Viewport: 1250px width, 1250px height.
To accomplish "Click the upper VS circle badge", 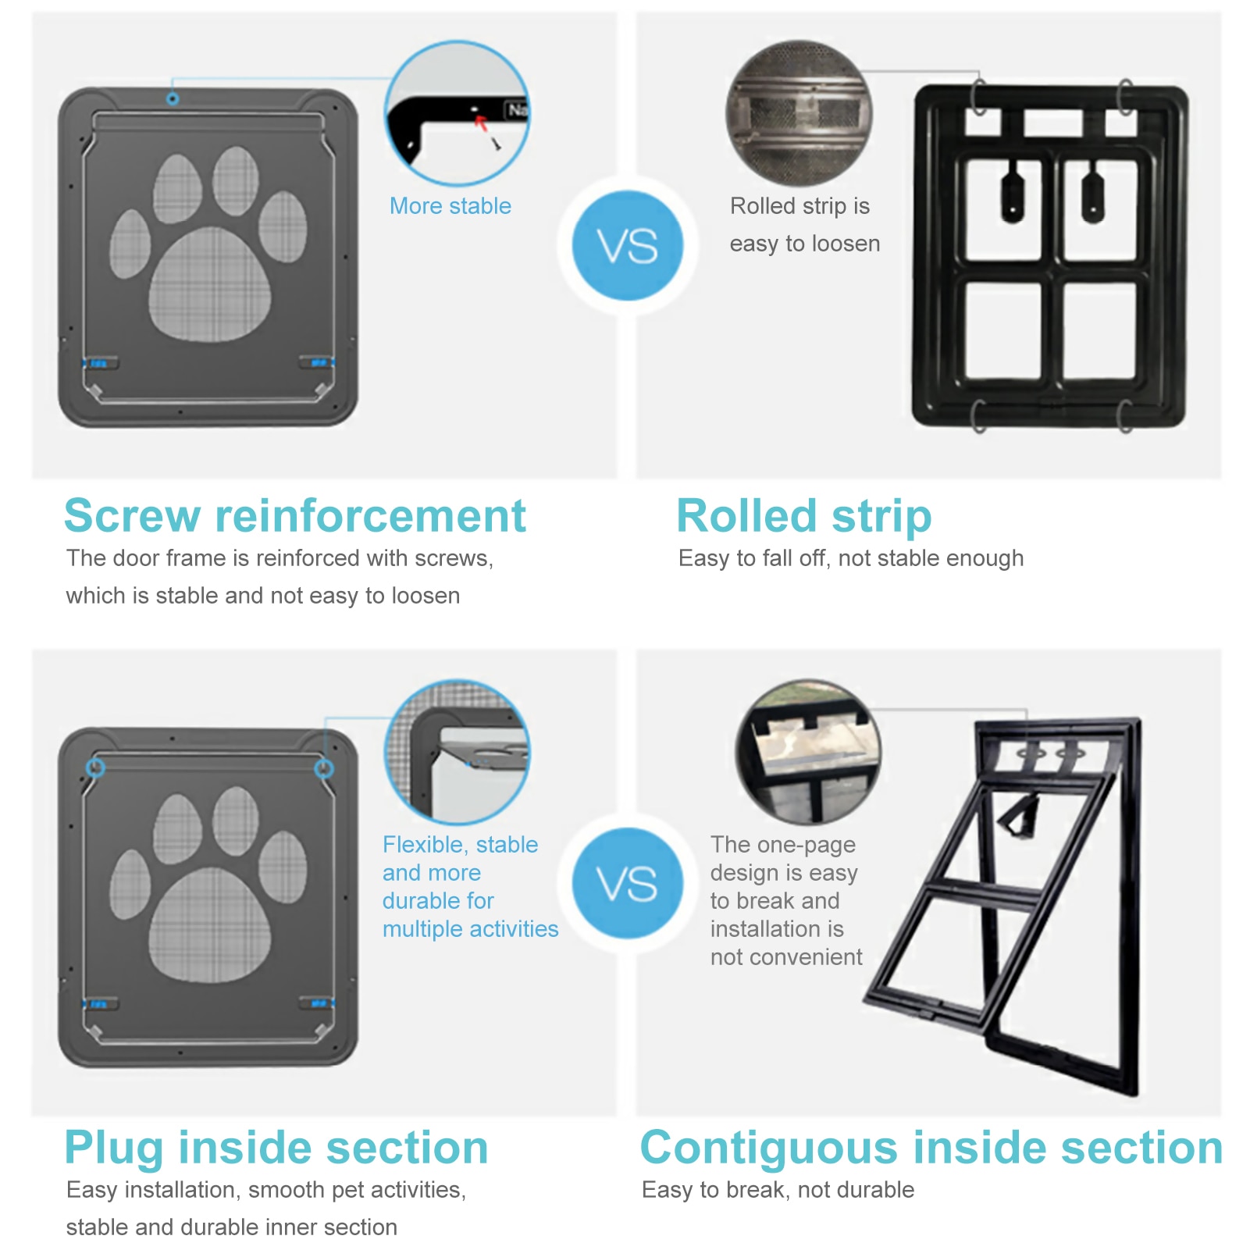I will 628,246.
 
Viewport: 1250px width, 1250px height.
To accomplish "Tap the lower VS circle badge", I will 628,883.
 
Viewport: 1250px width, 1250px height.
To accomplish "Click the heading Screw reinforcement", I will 295,516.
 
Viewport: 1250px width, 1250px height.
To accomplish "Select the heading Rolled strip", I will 803,516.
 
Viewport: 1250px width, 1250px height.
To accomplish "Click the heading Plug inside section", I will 276,1148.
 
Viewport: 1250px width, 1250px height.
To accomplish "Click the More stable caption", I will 450,206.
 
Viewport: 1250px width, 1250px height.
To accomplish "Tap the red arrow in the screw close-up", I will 481,122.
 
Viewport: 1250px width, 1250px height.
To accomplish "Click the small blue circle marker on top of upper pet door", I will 173,99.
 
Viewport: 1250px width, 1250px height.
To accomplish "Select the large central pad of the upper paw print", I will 209,285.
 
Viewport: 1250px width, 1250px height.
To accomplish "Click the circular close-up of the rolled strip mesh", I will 799,113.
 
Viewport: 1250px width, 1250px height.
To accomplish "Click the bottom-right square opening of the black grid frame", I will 1099,330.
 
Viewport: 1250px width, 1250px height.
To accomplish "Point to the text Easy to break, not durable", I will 778,1190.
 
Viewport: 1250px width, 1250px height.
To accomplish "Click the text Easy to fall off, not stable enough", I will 851,558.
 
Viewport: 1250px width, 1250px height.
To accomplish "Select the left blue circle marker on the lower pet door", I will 95,767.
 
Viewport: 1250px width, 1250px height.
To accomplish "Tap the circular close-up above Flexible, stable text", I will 458,752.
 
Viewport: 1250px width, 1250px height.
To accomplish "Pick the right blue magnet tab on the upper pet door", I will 319,362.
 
